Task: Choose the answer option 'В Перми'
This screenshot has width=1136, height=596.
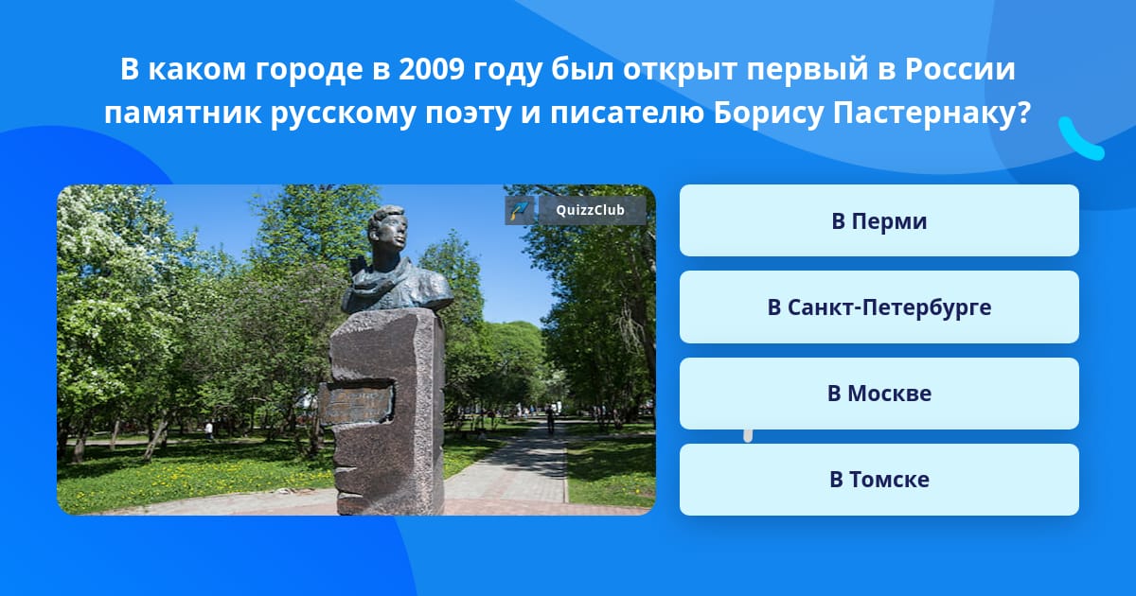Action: pyautogui.click(x=879, y=220)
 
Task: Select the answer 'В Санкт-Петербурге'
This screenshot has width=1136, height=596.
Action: pyautogui.click(x=879, y=307)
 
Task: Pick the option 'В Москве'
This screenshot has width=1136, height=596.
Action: pyautogui.click(x=879, y=394)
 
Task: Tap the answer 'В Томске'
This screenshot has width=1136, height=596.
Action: pyautogui.click(x=879, y=480)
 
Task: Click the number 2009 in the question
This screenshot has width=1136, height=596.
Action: pyautogui.click(x=431, y=69)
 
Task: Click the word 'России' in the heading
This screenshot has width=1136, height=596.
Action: pyautogui.click(x=960, y=69)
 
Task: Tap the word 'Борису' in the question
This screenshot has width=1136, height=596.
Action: pyautogui.click(x=769, y=114)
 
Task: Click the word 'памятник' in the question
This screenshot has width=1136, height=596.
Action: pyautogui.click(x=183, y=114)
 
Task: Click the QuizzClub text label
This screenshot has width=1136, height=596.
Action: pyautogui.click(x=591, y=210)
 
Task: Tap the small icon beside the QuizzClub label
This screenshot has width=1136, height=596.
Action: pyautogui.click(x=520, y=210)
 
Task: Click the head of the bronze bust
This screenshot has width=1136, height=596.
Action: pyautogui.click(x=387, y=231)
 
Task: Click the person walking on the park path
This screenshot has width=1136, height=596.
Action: pyautogui.click(x=550, y=419)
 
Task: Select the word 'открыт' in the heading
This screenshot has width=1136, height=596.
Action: pyautogui.click(x=680, y=71)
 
